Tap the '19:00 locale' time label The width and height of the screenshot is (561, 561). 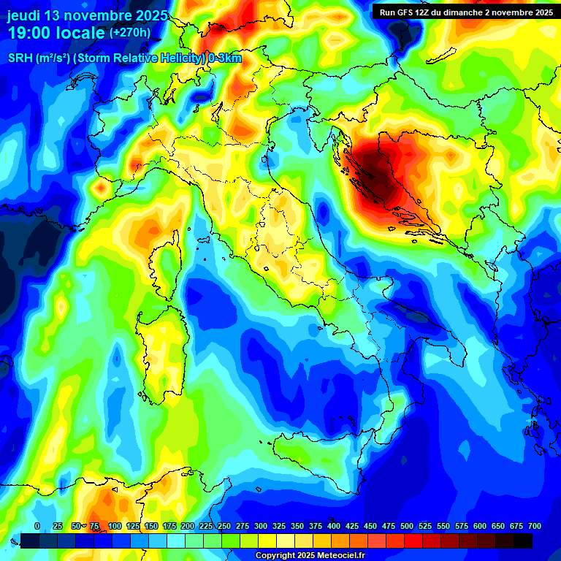tap(57, 33)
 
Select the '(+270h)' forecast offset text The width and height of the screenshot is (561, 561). tap(130, 33)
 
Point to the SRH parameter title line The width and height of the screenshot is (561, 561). tap(124, 58)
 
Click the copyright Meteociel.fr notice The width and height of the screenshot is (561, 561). tap(310, 556)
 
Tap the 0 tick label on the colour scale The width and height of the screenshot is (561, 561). tap(37, 526)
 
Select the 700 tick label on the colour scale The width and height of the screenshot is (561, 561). tap(534, 526)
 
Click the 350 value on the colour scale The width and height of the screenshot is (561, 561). tap(297, 526)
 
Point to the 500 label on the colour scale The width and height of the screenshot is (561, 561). tap(407, 526)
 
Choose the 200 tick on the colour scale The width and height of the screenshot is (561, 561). tap(188, 526)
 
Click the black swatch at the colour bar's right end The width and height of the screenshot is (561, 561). tap(523, 541)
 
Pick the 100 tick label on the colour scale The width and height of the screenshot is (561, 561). tap(115, 526)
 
